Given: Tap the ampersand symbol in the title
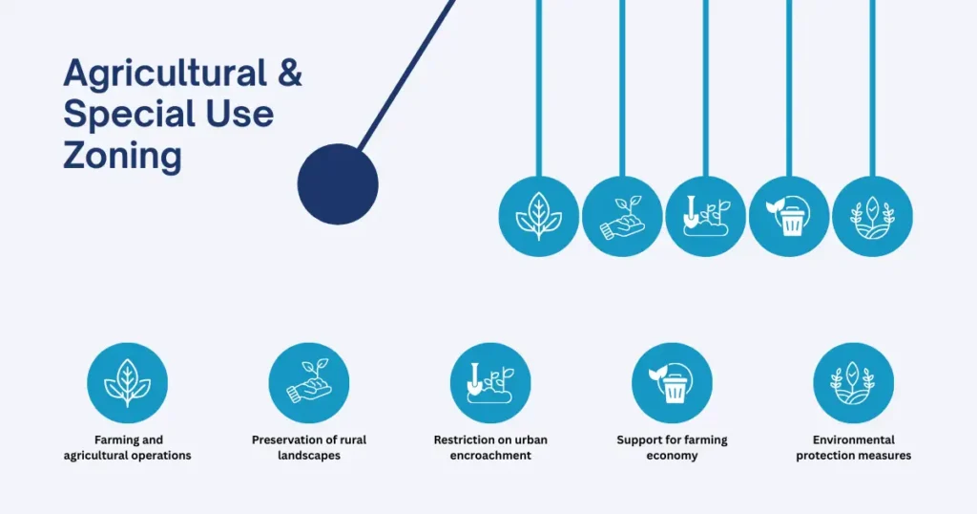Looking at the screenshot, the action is (x=290, y=73).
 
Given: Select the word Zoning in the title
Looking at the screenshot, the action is (x=122, y=156).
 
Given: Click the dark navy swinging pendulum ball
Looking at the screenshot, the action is (x=338, y=184).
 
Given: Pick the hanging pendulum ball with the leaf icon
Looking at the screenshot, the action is (x=539, y=217).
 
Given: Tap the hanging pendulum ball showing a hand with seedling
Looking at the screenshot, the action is (x=622, y=217).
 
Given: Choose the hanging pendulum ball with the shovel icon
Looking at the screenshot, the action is (x=706, y=217).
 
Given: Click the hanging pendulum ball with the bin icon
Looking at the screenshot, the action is (x=789, y=217).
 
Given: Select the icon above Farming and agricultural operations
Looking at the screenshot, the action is (x=127, y=383).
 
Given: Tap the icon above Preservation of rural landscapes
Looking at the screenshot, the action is (x=309, y=383).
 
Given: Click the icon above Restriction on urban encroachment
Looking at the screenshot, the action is (x=490, y=383).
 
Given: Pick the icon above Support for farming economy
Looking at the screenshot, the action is (x=673, y=383).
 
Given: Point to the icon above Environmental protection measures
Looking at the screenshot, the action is (x=854, y=383).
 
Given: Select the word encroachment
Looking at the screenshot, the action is (x=490, y=456).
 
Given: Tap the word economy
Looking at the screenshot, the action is (x=672, y=456).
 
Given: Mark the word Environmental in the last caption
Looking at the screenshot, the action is (x=854, y=439).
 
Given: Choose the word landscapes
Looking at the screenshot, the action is (x=309, y=456).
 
